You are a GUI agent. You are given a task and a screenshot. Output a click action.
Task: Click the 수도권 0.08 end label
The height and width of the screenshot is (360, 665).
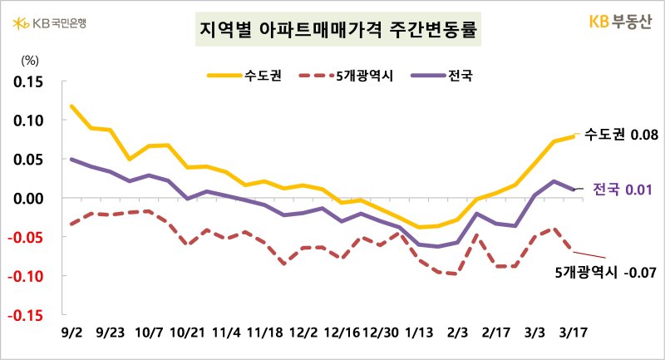coord(622,135)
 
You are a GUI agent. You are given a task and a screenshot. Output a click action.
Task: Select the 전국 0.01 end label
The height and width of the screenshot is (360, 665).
coord(621,190)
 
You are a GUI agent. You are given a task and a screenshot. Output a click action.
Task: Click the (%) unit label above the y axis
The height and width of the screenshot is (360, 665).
coord(30,59)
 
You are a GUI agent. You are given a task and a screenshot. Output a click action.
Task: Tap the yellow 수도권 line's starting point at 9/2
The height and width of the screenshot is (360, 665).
coord(72,106)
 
